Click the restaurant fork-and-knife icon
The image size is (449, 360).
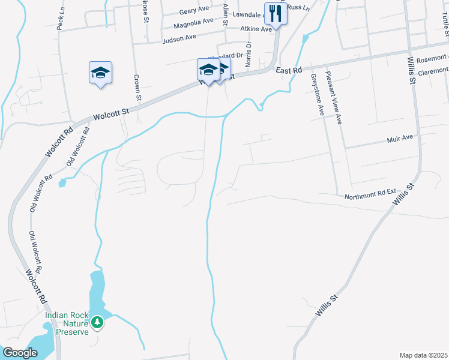pyautogui.click(x=276, y=13)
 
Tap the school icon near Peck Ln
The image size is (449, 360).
pyautogui.click(x=101, y=73)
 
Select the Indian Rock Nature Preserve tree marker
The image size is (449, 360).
pyautogui.click(x=97, y=323)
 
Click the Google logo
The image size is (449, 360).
pyautogui.click(x=20, y=352)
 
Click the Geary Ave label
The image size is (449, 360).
pyautogui.click(x=193, y=11)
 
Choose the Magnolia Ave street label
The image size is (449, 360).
pyautogui.click(x=193, y=23)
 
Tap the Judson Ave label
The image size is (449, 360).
pyautogui.click(x=179, y=38)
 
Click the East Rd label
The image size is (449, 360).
pyautogui.click(x=289, y=71)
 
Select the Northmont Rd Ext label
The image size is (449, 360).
pyautogui.click(x=370, y=195)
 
